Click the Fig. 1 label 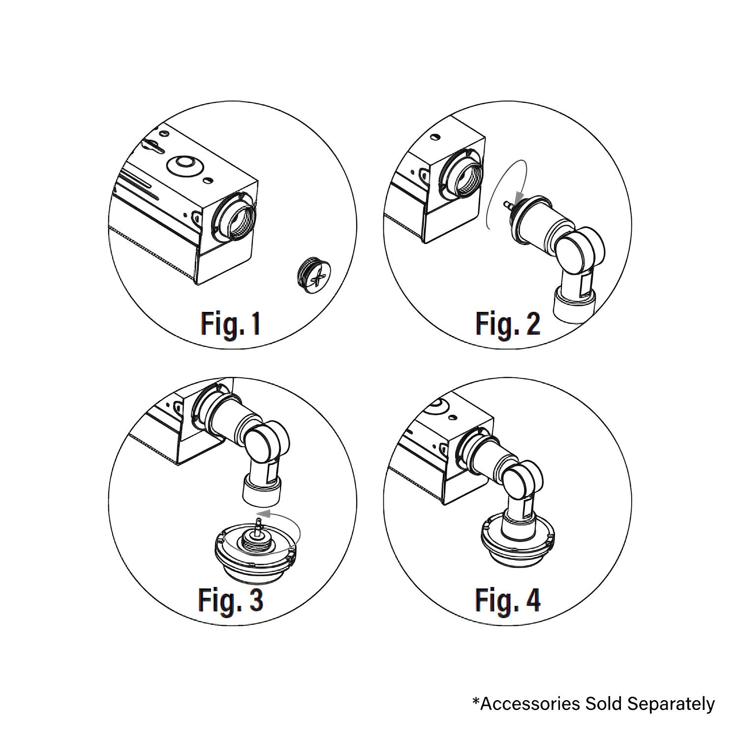(230, 324)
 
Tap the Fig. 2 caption (507, 324)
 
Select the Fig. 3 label (230, 599)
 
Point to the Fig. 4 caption (507, 599)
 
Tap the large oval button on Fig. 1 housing (184, 166)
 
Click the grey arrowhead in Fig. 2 (515, 198)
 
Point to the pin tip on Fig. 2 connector (505, 203)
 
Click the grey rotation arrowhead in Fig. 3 (264, 515)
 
